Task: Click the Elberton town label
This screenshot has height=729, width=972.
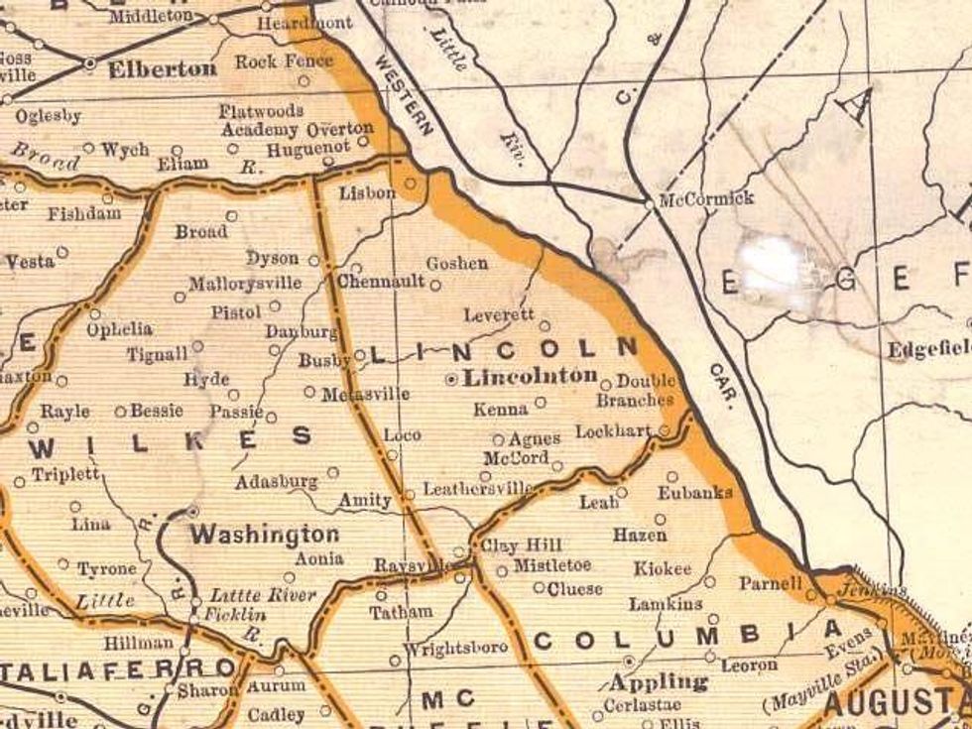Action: pos(163,69)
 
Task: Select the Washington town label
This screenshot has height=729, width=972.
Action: pos(265,535)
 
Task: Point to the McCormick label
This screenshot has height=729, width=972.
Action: pos(707,198)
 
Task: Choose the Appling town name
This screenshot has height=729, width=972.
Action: pos(660,682)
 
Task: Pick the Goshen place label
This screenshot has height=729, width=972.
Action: pos(456,264)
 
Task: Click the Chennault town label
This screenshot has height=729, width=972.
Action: pos(381,282)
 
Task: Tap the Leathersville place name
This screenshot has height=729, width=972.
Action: pos(478,489)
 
